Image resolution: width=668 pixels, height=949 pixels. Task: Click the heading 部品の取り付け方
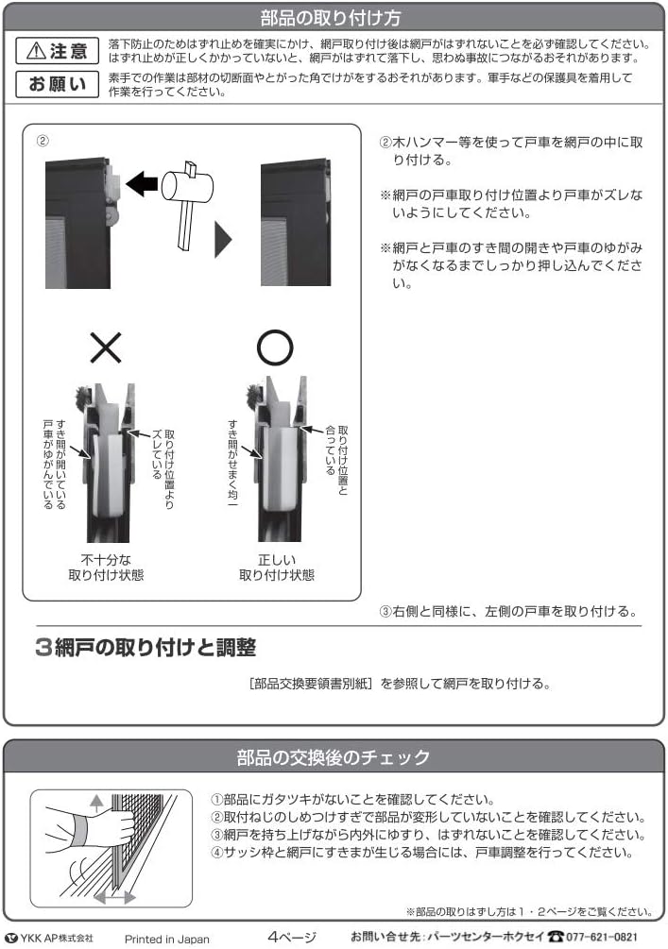pos(334,17)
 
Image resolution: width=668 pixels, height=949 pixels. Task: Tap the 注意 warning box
pos(59,52)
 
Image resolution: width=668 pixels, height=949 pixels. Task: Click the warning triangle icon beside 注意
pos(35,52)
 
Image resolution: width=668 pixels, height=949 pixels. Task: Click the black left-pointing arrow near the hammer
pos(143,185)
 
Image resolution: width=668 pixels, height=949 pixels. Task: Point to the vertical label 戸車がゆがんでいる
pos(48,463)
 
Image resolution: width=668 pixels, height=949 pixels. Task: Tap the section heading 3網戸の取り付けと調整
pos(145,649)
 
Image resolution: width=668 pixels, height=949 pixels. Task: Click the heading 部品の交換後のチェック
pos(334,756)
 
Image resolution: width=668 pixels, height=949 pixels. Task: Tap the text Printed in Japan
pos(167,939)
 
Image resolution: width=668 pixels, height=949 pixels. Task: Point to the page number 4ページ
pos(291,937)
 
